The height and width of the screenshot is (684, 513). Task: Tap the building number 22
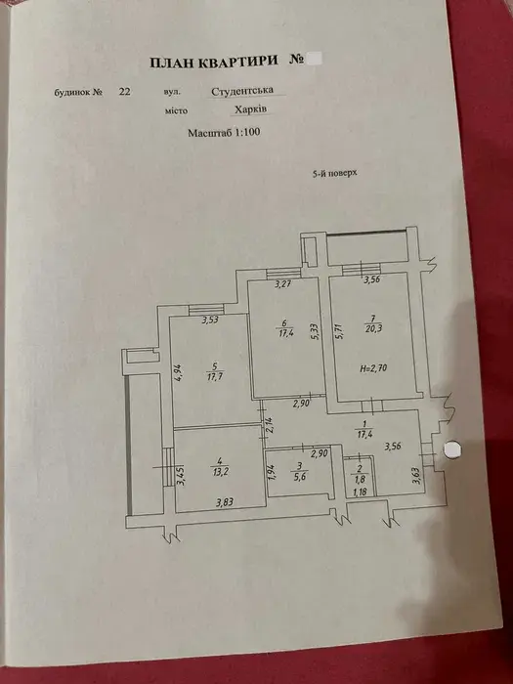tap(124, 92)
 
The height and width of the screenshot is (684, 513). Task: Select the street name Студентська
tap(242, 91)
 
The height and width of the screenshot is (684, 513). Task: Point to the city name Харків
tap(250, 109)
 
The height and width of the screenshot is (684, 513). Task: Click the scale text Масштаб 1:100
tap(224, 132)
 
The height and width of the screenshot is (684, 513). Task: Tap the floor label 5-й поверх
tap(334, 173)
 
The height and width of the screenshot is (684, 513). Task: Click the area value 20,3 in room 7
tap(372, 328)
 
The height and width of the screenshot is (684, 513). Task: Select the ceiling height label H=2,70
tap(373, 368)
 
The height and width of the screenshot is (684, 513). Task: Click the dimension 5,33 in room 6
tap(317, 334)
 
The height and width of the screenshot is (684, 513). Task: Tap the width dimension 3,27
tap(283, 285)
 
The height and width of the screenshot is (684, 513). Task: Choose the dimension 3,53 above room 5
tap(210, 320)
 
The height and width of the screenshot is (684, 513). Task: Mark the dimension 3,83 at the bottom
tap(225, 502)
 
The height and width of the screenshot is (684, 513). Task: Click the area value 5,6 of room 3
tap(299, 477)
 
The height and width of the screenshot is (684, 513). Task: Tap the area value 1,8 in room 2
tap(360, 479)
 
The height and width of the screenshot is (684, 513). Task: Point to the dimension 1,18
tap(360, 492)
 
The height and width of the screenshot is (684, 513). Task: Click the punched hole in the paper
tap(452, 449)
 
